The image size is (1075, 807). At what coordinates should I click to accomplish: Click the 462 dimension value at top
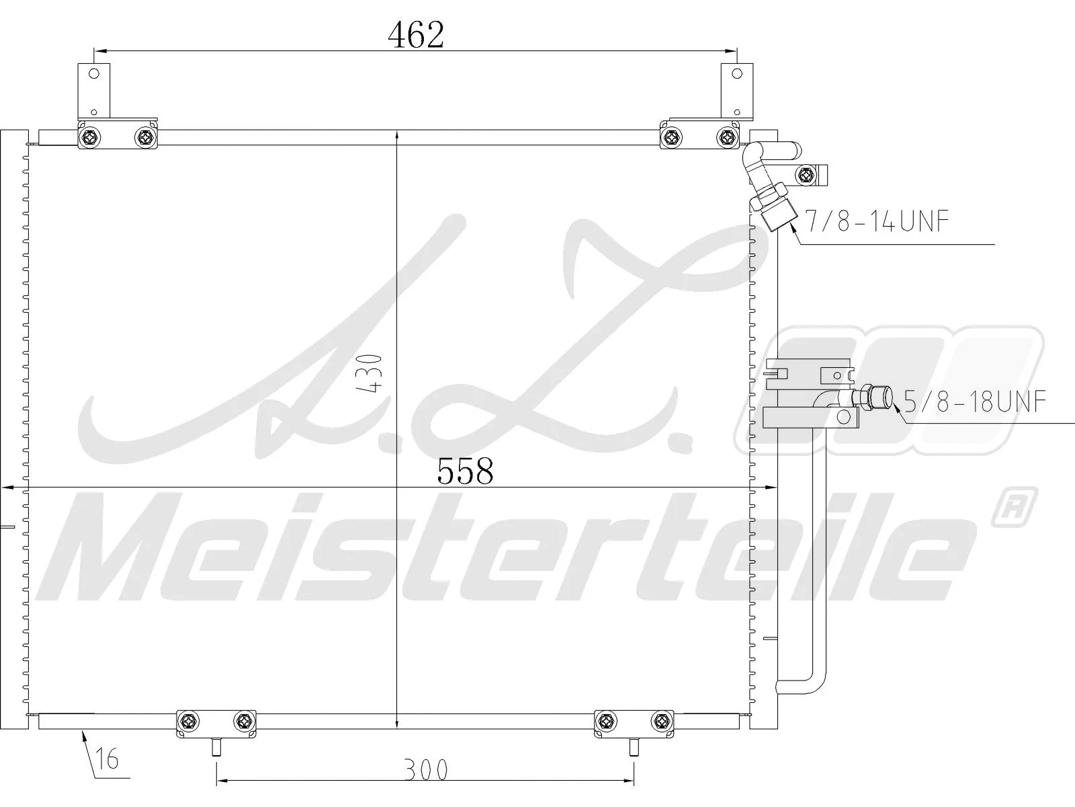(x=416, y=35)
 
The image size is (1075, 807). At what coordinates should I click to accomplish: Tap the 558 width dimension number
(x=465, y=471)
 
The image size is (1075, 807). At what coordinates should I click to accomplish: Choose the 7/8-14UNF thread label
(x=877, y=221)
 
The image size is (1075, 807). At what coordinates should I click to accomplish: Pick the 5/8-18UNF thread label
(x=975, y=402)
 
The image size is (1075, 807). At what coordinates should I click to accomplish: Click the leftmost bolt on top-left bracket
(x=89, y=138)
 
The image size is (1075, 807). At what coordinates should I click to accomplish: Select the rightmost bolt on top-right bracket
(x=726, y=138)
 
